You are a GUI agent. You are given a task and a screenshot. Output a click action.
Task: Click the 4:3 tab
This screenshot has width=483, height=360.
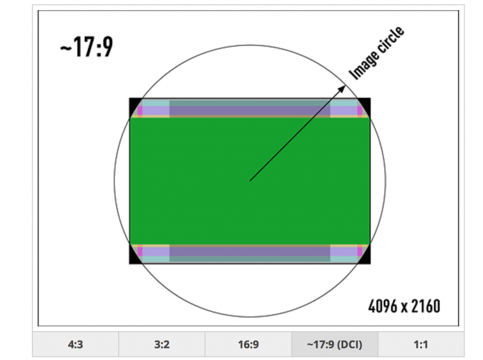click(x=75, y=344)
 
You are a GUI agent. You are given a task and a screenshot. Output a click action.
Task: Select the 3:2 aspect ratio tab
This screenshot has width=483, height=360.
click(x=162, y=344)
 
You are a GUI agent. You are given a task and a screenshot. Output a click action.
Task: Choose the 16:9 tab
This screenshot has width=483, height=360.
click(x=248, y=344)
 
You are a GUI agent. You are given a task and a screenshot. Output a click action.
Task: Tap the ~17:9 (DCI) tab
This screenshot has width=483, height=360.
click(x=335, y=344)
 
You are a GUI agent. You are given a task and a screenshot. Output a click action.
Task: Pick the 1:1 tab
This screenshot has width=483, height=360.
click(x=421, y=344)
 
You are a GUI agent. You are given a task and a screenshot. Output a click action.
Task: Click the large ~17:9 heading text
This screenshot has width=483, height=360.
click(x=86, y=47)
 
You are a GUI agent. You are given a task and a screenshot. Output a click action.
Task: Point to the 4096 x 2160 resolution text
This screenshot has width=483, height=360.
click(x=404, y=306)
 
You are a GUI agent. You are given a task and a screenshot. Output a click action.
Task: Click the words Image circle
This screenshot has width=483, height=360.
click(x=376, y=53)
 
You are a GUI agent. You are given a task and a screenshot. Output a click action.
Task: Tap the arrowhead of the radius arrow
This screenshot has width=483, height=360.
click(x=341, y=89)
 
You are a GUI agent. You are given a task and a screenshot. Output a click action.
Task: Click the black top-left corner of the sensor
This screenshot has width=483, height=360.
click(x=133, y=105)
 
